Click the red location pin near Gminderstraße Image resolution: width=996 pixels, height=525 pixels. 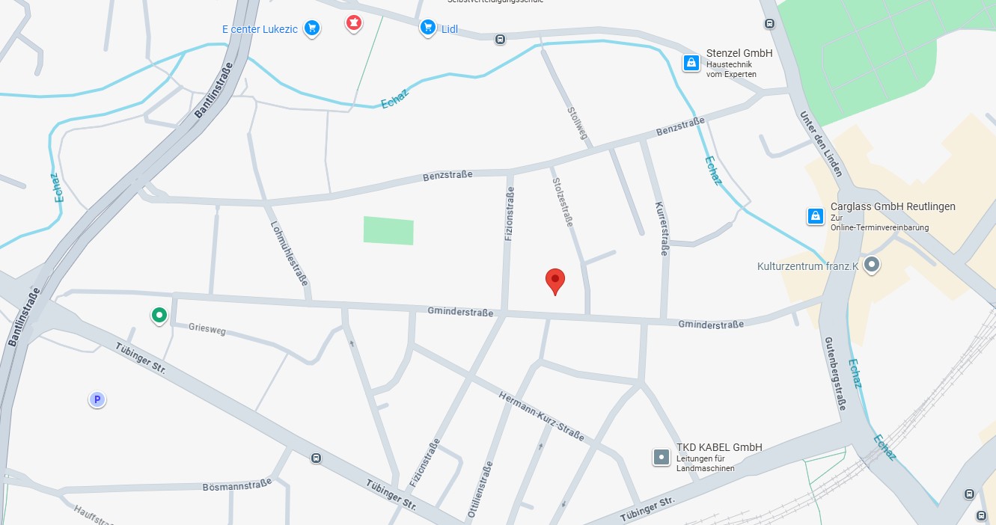(554, 280)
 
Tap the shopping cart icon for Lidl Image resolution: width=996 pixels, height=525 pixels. (428, 28)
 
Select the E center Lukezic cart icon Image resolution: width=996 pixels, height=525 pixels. (312, 28)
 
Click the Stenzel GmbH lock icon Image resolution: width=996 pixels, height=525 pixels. (691, 63)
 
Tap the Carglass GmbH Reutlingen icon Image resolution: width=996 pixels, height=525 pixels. (815, 216)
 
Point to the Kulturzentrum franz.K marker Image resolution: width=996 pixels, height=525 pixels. (871, 264)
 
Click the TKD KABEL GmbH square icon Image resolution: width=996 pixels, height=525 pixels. (662, 456)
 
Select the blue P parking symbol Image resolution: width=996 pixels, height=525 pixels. (97, 399)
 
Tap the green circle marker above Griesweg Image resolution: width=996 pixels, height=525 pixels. (159, 316)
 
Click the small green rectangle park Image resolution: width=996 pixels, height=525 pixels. (388, 230)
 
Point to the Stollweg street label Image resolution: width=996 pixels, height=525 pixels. (577, 123)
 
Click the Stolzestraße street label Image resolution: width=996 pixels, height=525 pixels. (563, 202)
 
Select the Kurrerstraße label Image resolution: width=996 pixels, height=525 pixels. (661, 229)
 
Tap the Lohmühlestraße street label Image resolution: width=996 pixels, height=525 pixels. (290, 254)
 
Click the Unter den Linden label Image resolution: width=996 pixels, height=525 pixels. (822, 144)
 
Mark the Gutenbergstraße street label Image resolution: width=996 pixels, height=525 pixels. (835, 373)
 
